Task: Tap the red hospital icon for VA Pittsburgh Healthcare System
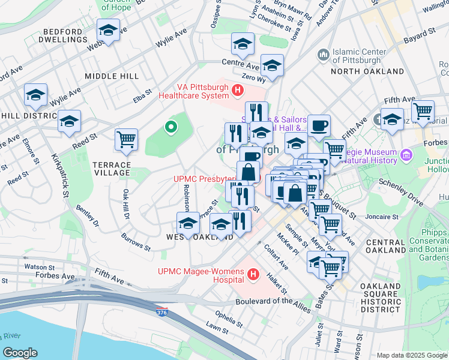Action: click(238, 91)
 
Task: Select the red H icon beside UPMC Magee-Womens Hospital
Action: click(253, 275)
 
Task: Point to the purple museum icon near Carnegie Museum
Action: click(407, 155)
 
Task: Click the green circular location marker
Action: click(170, 127)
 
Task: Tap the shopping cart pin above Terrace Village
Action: click(126, 140)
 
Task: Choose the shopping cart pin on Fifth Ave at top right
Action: click(423, 111)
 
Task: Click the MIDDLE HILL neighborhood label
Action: click(112, 76)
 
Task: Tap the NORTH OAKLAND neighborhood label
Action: click(367, 71)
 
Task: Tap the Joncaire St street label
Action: click(381, 217)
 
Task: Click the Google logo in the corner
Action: click(20, 353)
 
